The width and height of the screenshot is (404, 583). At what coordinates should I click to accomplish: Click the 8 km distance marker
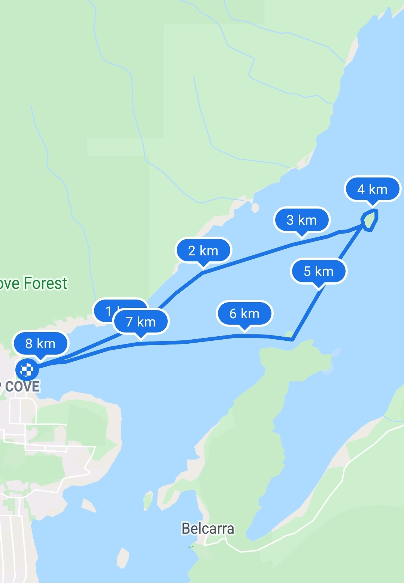click(40, 343)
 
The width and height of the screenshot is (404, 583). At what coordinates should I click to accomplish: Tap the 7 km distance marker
click(141, 322)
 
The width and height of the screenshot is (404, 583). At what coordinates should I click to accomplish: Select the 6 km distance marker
click(244, 313)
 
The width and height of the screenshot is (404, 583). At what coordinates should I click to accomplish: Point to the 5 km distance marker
click(319, 271)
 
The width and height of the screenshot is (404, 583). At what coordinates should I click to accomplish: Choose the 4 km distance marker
click(372, 189)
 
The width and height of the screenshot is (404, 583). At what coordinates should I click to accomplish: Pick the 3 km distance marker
click(302, 220)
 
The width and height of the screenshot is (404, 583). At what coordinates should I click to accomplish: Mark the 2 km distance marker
click(203, 250)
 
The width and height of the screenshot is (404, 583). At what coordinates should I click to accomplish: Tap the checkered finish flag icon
click(27, 370)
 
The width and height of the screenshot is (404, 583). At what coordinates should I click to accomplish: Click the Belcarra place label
click(208, 528)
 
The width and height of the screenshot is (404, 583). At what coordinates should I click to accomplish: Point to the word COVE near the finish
click(22, 386)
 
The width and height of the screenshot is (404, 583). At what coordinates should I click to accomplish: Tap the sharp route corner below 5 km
click(292, 340)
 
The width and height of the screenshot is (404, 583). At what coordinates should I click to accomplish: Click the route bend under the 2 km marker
click(203, 273)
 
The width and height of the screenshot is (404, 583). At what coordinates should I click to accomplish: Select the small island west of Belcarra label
click(148, 500)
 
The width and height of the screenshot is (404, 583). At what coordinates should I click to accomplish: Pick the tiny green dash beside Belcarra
click(191, 547)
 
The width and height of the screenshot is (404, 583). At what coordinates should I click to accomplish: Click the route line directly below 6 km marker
click(244, 335)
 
